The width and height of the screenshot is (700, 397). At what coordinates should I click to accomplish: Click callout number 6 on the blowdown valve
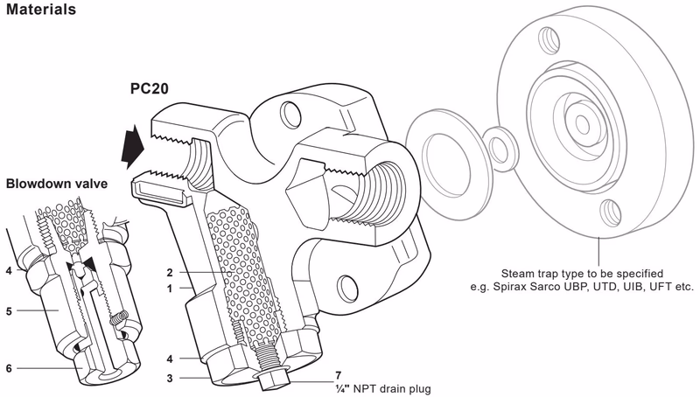pos(10,368)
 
